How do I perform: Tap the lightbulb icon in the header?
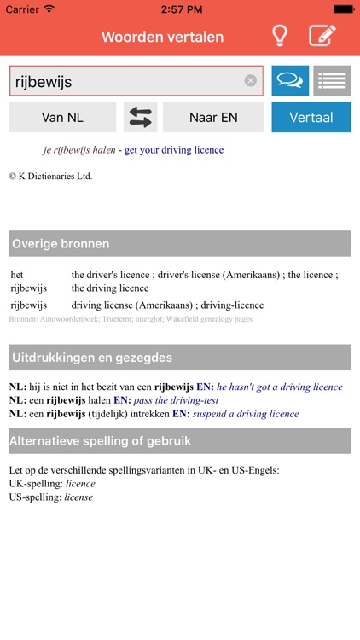tap(279, 36)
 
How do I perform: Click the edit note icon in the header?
tap(322, 36)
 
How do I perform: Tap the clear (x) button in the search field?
tap(251, 81)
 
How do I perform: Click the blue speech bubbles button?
tap(290, 81)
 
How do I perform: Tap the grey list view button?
tap(332, 81)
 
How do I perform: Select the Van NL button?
tap(62, 118)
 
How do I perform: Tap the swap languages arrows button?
tap(141, 118)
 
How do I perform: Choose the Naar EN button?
tap(213, 118)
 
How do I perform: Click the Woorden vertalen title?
tap(162, 37)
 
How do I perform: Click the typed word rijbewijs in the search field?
tap(44, 82)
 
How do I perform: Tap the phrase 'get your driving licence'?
tap(173, 150)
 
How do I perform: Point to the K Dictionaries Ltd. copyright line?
tap(50, 177)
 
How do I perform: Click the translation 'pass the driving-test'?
tap(177, 400)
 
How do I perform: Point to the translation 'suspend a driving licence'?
tap(246, 414)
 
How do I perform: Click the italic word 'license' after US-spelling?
tap(79, 497)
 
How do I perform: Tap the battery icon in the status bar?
tap(342, 9)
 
